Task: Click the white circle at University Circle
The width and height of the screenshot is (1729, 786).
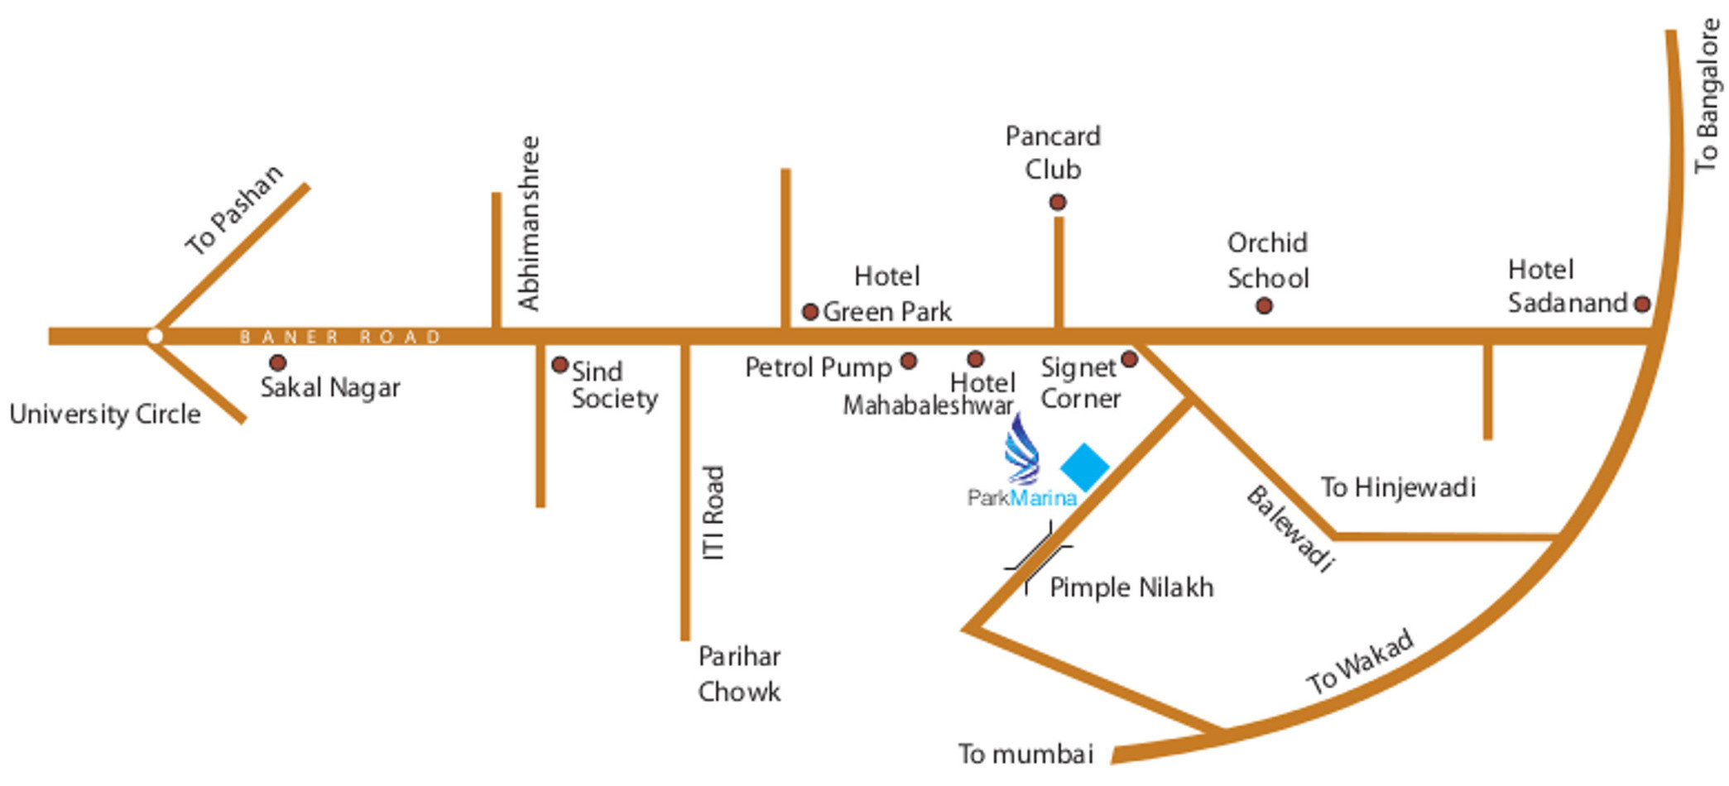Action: (155, 336)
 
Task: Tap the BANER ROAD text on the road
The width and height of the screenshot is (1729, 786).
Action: (340, 337)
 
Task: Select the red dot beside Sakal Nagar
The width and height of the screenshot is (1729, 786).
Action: (278, 362)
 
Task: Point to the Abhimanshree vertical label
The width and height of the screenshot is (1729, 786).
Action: (529, 223)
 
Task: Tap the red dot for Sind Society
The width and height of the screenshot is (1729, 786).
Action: (560, 364)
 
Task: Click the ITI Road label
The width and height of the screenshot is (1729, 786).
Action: (713, 513)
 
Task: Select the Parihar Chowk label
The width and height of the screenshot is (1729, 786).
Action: (739, 673)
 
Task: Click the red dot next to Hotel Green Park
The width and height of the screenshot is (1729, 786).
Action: (810, 312)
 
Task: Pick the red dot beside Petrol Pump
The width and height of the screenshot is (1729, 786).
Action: (909, 361)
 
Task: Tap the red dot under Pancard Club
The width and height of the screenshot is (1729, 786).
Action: (1058, 202)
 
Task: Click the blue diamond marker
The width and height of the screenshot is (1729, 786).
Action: (1085, 467)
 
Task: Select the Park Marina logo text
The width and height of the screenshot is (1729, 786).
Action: (1022, 498)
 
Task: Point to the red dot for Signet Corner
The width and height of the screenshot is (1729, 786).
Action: (1129, 359)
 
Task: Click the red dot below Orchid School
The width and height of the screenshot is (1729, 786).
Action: (1264, 306)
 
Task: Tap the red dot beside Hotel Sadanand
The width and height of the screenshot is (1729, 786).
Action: (1642, 304)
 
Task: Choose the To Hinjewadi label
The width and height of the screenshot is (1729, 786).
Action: (1398, 487)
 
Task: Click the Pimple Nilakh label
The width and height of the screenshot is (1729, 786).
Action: (1131, 587)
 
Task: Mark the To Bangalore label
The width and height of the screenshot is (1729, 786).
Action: (1707, 96)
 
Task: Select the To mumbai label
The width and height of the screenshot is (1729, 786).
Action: (1026, 754)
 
